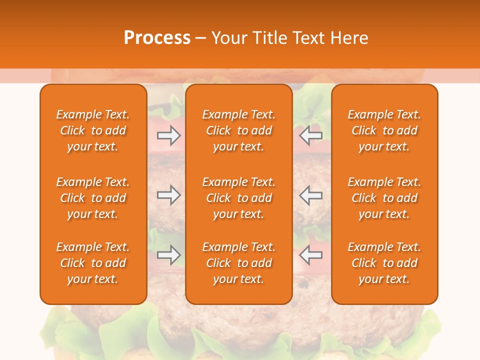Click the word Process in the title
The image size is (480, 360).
point(157,38)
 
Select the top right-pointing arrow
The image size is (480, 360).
point(169,135)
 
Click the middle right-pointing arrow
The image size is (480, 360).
point(169,194)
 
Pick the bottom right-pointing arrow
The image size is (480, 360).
point(169,255)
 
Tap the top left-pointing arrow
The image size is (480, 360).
point(310,135)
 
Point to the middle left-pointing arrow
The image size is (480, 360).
point(310,194)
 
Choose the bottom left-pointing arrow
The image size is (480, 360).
point(310,255)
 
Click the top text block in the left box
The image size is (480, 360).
point(93,130)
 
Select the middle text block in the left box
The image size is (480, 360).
point(93,198)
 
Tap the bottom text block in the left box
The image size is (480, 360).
point(93,263)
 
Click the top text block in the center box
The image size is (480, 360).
point(239,130)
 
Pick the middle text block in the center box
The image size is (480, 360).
point(239,198)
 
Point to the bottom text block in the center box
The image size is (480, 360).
point(239,263)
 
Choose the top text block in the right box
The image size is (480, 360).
point(384,130)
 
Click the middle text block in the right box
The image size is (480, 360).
point(384,198)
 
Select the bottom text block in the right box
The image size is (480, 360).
point(384,263)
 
